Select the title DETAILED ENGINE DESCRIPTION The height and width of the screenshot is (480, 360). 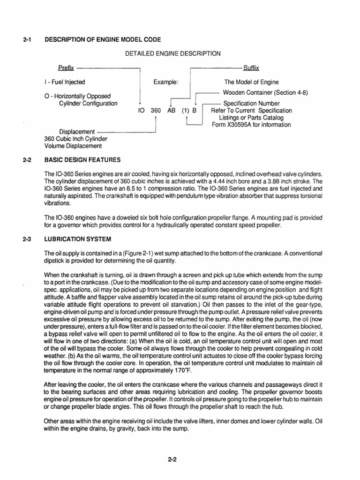(x=172, y=54)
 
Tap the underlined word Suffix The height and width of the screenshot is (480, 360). (x=251, y=68)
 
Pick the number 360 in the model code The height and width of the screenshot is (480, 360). (x=156, y=111)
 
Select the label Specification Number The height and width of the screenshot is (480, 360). (x=251, y=104)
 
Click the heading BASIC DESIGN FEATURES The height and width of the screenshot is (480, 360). (x=82, y=160)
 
